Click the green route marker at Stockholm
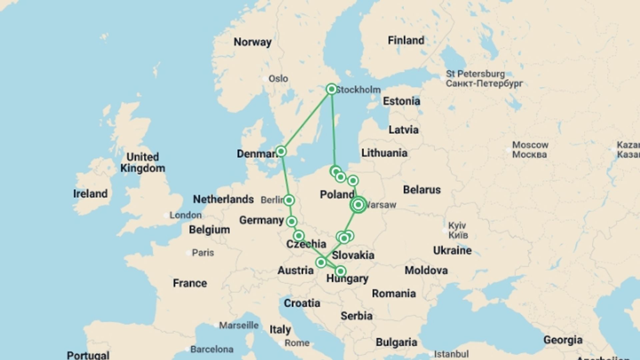point(331,89)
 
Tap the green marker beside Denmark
point(281,151)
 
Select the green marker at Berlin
point(289,200)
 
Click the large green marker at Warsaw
point(358,205)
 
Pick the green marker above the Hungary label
point(340,271)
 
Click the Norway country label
point(252,42)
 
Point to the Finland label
point(406,40)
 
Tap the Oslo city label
point(278,79)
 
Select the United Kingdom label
point(143,162)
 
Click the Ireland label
point(90,194)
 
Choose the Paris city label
point(203,253)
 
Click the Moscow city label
point(530,150)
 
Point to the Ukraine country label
point(452,250)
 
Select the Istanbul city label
point(451,354)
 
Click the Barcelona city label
point(212,349)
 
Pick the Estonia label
point(401,101)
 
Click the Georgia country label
point(563,340)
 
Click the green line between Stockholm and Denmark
point(306,120)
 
